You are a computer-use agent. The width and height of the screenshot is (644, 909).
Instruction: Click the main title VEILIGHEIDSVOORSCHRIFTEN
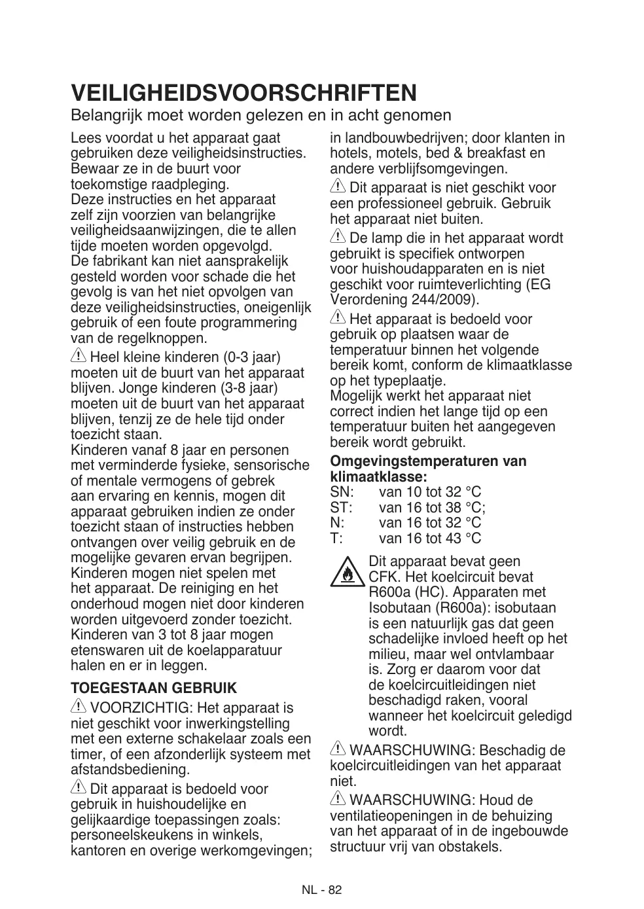tap(243, 93)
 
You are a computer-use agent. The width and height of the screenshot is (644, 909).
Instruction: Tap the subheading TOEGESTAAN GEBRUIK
tap(154, 688)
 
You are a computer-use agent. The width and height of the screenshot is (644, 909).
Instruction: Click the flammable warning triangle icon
tap(346, 573)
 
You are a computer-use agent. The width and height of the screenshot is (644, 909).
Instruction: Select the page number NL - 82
tap(322, 890)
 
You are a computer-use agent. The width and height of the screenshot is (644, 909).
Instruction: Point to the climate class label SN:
tap(342, 492)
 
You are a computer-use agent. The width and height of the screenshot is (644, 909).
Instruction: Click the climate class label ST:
tap(342, 507)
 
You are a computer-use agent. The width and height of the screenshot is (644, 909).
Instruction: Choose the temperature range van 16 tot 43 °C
tap(429, 539)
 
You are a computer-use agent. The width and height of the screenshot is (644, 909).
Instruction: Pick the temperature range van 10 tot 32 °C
tap(429, 492)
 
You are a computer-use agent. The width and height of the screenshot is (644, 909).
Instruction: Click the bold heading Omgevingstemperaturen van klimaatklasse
tap(428, 469)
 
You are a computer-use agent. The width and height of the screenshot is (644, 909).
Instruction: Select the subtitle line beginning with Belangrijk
tap(261, 116)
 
